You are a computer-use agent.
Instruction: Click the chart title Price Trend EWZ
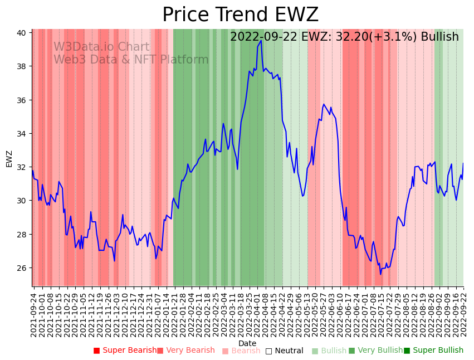point(240,14)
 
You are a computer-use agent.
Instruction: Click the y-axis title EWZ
point(9,158)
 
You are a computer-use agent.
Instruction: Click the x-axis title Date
point(247,343)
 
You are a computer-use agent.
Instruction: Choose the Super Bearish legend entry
point(125,351)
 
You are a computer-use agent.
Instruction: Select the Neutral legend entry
point(284,351)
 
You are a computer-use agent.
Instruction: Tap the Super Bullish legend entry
point(433,351)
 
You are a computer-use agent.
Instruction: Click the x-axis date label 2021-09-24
point(34,314)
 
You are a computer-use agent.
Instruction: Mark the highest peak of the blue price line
point(261,41)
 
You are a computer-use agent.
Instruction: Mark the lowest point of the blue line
point(381,274)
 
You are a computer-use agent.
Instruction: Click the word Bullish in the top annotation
point(439,37)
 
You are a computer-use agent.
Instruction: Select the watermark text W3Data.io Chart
point(101,47)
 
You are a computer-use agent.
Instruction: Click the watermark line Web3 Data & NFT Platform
point(131,60)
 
